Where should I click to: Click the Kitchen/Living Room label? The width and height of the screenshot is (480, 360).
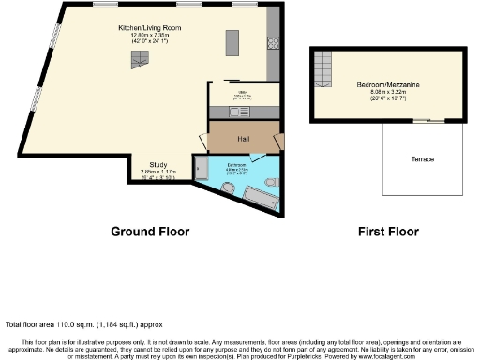coord(149,29)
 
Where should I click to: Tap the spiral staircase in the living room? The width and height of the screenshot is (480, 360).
coord(139,61)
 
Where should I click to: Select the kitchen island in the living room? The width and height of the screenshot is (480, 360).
coord(231,45)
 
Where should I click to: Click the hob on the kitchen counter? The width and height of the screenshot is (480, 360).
coord(273,43)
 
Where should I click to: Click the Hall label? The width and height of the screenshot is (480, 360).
coord(243,139)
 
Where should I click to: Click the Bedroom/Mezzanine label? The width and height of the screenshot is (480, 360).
coord(387,84)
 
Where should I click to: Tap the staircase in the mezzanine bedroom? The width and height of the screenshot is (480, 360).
coord(322,67)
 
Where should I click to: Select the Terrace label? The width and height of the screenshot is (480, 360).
coord(422,159)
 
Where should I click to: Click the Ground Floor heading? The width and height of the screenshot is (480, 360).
coord(150,232)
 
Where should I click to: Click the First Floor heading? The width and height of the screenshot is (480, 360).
coord(389,232)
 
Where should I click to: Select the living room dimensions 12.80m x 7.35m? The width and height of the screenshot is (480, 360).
coord(149,37)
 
